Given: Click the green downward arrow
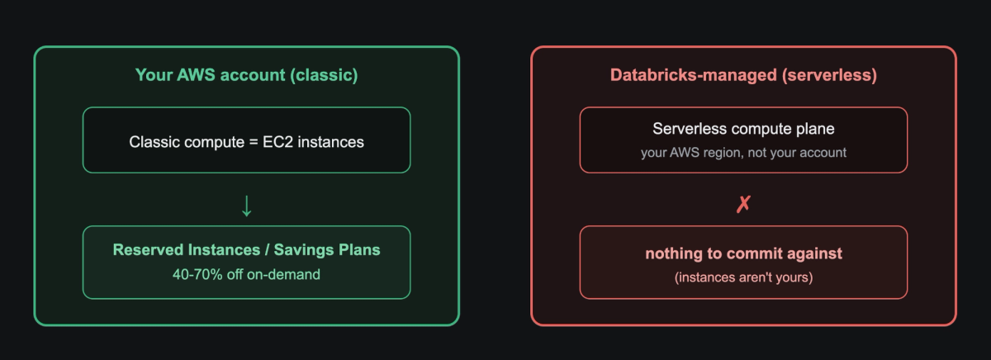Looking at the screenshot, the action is (x=246, y=206).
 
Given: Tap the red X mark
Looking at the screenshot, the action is (x=743, y=204).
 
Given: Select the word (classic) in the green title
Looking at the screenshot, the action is (x=324, y=76).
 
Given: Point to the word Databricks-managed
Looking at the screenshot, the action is (x=693, y=75).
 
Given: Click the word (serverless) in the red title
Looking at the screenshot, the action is (x=829, y=76).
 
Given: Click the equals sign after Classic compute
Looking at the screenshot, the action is (x=254, y=142).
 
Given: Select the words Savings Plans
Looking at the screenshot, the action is (x=327, y=250).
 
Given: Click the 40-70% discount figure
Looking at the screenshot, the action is (x=197, y=275).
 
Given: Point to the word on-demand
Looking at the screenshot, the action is (x=283, y=275).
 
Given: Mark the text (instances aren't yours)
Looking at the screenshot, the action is (x=743, y=277).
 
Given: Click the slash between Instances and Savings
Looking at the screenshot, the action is (x=267, y=250).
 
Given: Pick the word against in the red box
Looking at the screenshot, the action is (x=815, y=253).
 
